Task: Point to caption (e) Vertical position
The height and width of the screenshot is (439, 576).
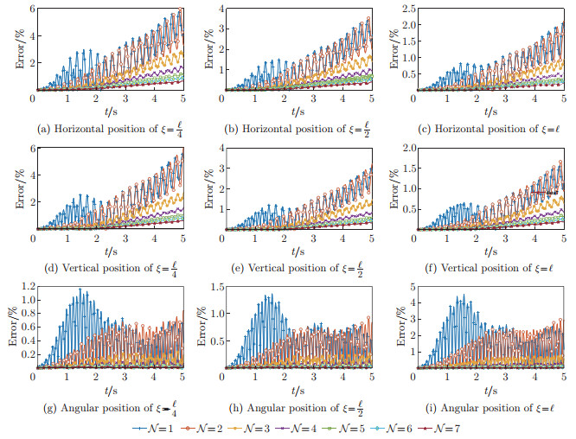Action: pyautogui.click(x=296, y=267)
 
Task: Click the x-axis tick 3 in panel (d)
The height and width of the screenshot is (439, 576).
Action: pyautogui.click(x=125, y=239)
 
